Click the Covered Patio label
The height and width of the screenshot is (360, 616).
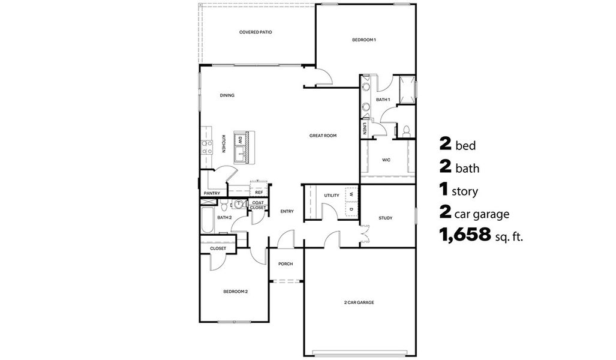[x=256, y=32]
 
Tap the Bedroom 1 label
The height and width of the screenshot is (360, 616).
[x=363, y=40]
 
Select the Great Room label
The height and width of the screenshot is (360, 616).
[x=323, y=136]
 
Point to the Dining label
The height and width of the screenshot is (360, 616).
[x=227, y=95]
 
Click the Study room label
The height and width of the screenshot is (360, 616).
[x=386, y=218]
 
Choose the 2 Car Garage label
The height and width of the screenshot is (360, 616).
[x=359, y=302]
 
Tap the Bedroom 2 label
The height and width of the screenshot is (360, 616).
[x=236, y=292]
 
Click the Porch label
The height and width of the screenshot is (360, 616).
[x=286, y=263]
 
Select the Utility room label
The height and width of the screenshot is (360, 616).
[x=332, y=196]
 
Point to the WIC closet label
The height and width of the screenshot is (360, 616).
[x=387, y=160]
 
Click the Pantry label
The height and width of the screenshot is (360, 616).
[x=212, y=193]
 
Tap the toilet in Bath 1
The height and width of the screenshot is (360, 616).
[x=405, y=130]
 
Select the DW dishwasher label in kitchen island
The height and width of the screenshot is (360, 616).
[x=241, y=140]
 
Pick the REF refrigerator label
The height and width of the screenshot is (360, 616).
[x=259, y=193]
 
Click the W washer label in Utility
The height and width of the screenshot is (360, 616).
[x=351, y=194]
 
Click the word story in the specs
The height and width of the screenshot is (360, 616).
[x=467, y=192]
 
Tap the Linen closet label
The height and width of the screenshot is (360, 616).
[x=365, y=128]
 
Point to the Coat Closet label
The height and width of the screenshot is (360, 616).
[x=259, y=205]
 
